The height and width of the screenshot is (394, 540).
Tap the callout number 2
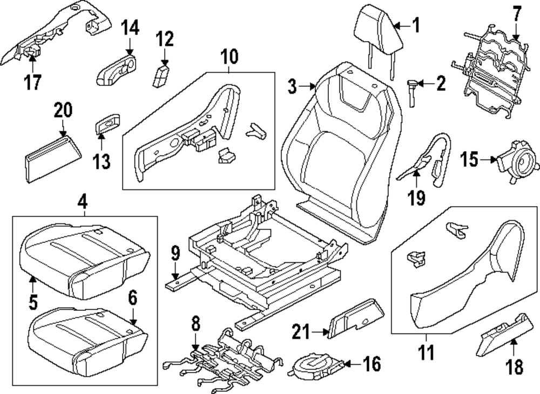[x=441, y=83]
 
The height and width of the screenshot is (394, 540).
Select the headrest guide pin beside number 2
[x=413, y=93]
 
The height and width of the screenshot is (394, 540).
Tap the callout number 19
[x=416, y=197]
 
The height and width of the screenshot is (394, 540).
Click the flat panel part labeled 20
[x=53, y=158]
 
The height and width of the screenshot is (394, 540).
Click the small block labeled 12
[x=160, y=76]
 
